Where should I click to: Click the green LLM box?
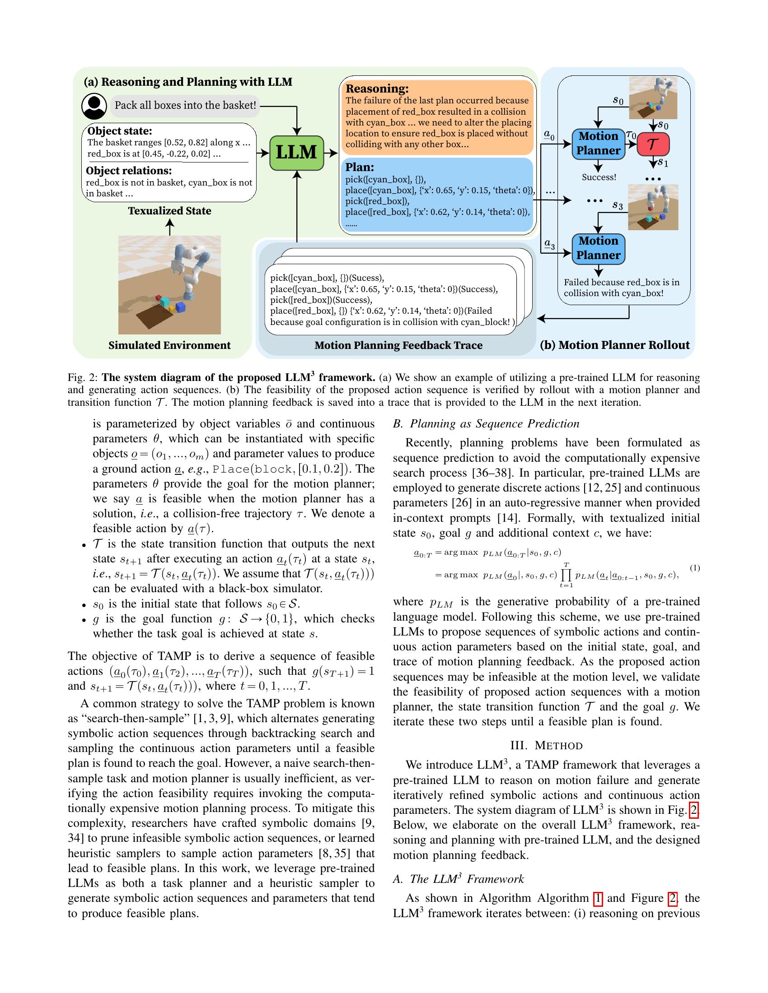[x=296, y=153]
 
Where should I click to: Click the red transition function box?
[x=653, y=144]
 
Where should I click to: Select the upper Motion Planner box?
[x=598, y=143]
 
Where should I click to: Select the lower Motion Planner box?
[x=598, y=248]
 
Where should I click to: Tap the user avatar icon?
[x=94, y=106]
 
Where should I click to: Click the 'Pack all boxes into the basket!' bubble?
[x=185, y=106]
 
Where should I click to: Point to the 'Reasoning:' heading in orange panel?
[x=377, y=88]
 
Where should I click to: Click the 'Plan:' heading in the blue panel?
[x=360, y=167]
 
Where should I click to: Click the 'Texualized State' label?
[x=169, y=211]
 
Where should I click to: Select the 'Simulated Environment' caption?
[x=169, y=345]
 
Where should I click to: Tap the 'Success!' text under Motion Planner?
[x=599, y=177]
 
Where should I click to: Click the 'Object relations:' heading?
[x=129, y=171]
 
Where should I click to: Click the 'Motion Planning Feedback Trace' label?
[x=398, y=345]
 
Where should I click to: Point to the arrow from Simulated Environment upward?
[x=169, y=227]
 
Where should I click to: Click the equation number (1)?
[x=694, y=568]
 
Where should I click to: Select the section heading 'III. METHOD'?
[x=546, y=746]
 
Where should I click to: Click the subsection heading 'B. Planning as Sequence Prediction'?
[x=486, y=424]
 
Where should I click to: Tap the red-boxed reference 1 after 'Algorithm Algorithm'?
[x=598, y=898]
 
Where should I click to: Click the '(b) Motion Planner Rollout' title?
[x=614, y=345]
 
